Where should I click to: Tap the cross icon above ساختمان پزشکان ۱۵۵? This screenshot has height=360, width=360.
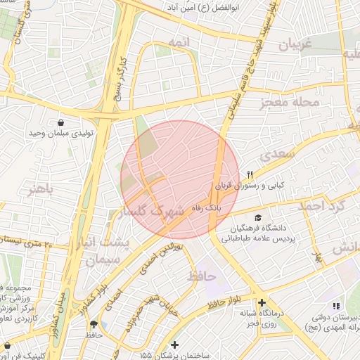point(174,345)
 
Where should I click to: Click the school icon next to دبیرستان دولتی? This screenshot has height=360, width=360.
point(335,306)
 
